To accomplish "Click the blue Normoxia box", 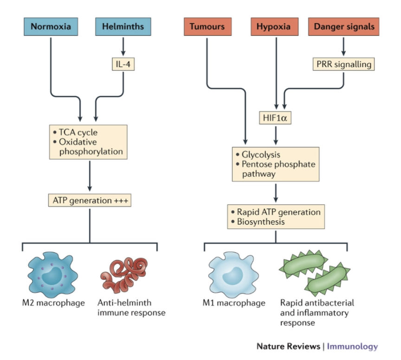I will coord(51,26).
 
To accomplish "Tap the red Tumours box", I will coord(207,26).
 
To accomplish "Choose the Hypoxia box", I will coord(277,26).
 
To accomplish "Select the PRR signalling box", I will coord(343,64).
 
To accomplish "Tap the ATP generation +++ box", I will coord(90,200).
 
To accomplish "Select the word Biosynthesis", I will coord(262,222).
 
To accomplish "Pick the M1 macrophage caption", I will coord(234,303).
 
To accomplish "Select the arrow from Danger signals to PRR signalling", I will coord(343,47).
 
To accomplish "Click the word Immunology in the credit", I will coord(352,346).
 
